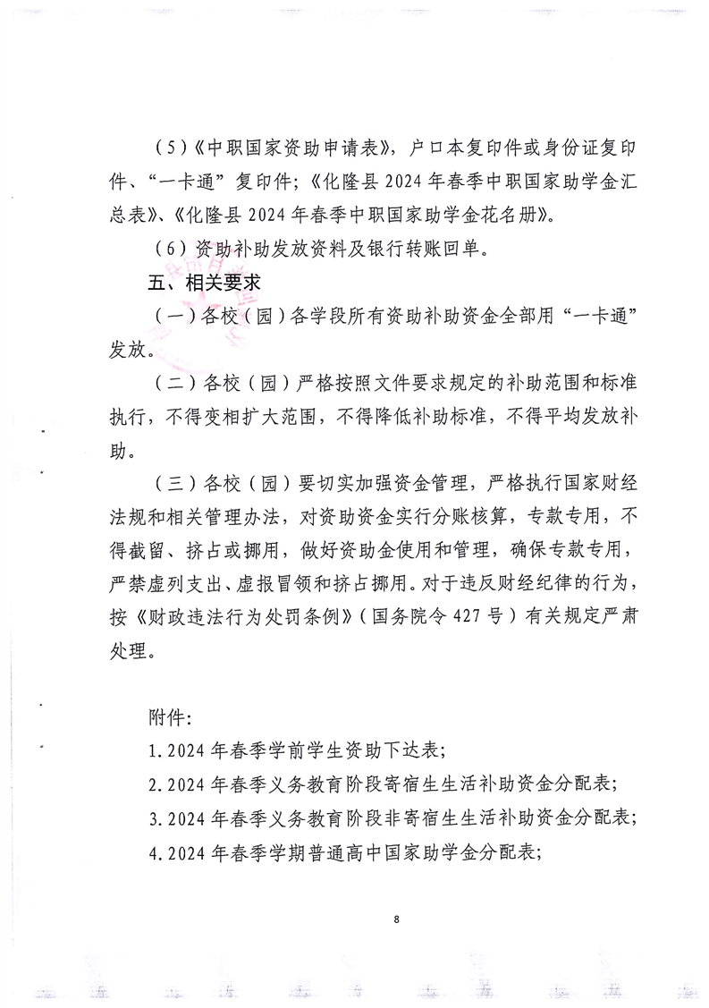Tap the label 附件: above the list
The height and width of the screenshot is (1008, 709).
(166, 718)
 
